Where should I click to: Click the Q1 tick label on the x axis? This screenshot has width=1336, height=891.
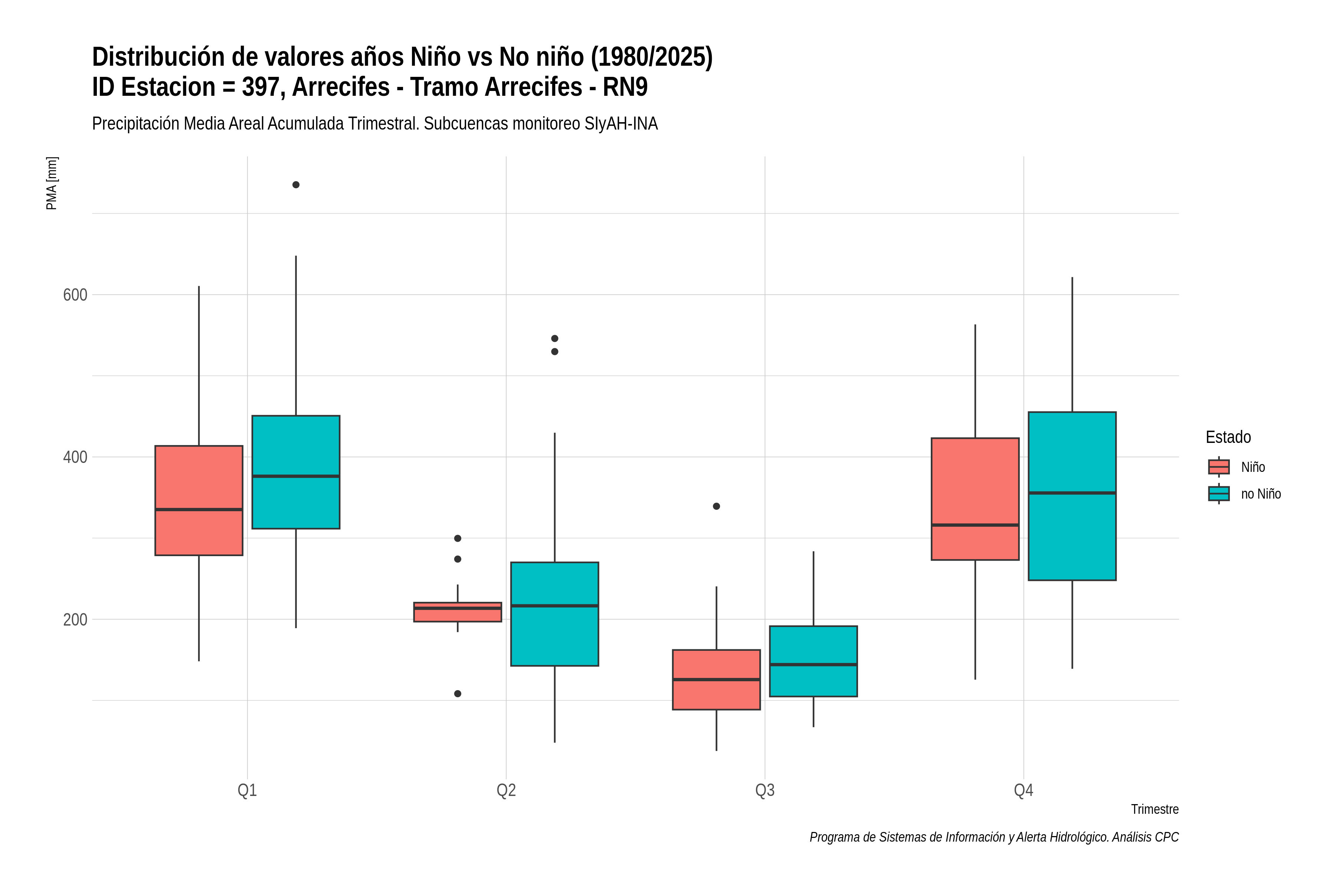tap(247, 790)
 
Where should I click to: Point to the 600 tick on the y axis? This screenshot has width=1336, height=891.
tap(75, 295)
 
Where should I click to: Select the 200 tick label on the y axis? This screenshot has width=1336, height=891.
tap(75, 619)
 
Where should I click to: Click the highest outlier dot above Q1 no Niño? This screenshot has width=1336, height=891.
tap(296, 185)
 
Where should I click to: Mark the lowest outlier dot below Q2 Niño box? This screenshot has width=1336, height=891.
tap(458, 694)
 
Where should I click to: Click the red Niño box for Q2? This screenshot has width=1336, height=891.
tap(458, 612)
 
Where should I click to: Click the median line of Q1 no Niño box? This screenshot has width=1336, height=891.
tap(296, 476)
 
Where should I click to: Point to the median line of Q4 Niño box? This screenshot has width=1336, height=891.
tap(975, 525)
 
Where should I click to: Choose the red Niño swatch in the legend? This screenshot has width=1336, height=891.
tap(1219, 467)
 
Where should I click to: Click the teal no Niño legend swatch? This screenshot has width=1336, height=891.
tap(1219, 494)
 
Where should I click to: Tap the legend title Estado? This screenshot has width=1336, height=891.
tap(1228, 437)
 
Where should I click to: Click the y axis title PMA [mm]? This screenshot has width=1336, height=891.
tap(52, 183)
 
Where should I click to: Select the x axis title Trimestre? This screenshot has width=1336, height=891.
tap(1155, 809)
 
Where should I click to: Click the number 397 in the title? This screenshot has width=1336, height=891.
tap(263, 87)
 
